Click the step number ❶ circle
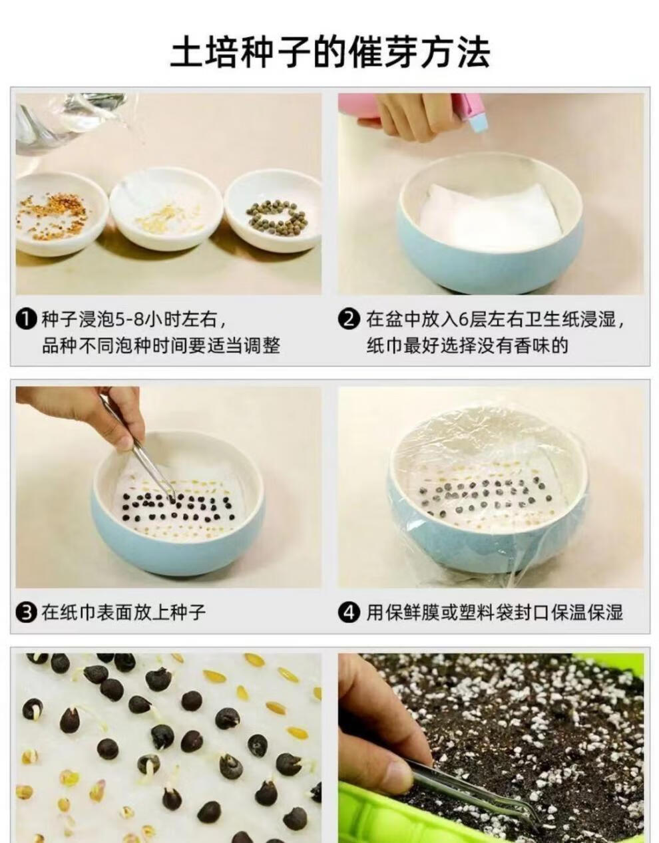point(27,319)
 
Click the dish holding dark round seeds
point(273,212)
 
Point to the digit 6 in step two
point(463,320)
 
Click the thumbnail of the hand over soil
point(491,748)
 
